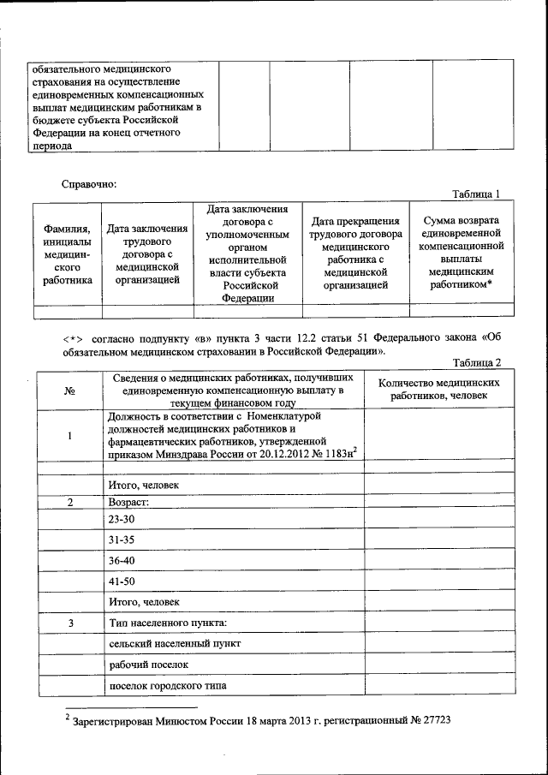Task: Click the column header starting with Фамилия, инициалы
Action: [x=68, y=253]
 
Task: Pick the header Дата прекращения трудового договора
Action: [x=356, y=253]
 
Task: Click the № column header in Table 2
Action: [x=69, y=391]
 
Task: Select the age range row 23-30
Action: [x=123, y=520]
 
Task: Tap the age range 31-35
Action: [x=123, y=540]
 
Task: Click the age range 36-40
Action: [x=123, y=560]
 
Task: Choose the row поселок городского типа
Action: [x=169, y=685]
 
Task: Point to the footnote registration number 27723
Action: [x=435, y=721]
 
